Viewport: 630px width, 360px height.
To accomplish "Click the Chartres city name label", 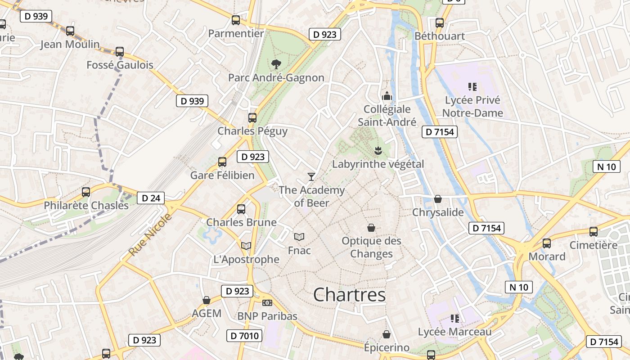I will point(349,295).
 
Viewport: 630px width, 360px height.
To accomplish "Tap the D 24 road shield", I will point(150,198).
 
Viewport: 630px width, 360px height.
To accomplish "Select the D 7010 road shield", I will point(244,336).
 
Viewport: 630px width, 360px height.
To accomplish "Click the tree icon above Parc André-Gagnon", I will point(276,64).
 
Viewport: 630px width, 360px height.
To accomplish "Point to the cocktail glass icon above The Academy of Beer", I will point(311,176).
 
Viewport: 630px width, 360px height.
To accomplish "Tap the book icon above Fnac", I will point(299,237).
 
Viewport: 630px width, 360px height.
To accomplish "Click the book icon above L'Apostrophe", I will point(246,246).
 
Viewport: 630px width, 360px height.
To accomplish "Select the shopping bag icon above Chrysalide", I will point(437,199).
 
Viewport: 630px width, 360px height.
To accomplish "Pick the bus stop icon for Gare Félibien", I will point(222,162).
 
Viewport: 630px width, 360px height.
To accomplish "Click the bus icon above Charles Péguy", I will point(252,118).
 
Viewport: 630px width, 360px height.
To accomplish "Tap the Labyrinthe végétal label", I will point(378,164).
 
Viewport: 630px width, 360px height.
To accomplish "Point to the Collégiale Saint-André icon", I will point(387,96).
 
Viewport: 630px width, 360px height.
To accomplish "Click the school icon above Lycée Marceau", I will point(454,319).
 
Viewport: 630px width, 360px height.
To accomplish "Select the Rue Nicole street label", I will point(150,235).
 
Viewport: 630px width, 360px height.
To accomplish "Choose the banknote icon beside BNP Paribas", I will point(267,303).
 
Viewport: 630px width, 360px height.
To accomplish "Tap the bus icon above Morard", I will point(547,243).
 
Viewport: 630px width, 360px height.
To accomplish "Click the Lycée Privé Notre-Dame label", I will point(472,106).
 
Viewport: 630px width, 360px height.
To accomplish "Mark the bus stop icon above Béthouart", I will point(440,23).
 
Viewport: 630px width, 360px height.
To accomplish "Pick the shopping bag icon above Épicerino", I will point(386,334).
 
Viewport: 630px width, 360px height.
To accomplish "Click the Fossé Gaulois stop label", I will point(120,65).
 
